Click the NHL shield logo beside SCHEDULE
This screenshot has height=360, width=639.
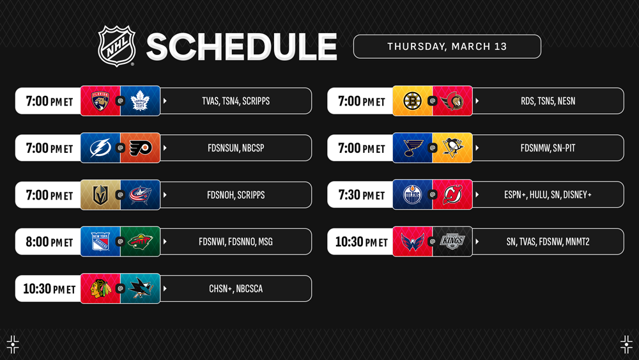[x=116, y=45]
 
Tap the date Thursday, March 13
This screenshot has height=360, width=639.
[x=447, y=47]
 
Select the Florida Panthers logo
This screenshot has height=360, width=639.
[x=100, y=101]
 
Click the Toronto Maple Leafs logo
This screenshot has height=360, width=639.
[x=140, y=101]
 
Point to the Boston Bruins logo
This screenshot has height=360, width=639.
[x=412, y=101]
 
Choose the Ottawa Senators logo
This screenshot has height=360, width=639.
[x=452, y=101]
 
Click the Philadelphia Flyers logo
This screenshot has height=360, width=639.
[x=140, y=148]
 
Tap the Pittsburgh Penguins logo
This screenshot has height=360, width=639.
[x=452, y=148]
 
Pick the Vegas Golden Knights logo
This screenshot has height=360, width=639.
[x=100, y=195]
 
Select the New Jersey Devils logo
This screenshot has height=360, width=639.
[x=452, y=194]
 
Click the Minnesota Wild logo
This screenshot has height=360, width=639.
[x=140, y=241]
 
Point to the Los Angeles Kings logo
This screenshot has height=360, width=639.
[x=452, y=241]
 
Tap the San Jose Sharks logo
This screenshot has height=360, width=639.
[x=140, y=288]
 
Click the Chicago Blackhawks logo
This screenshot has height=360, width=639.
[x=100, y=288]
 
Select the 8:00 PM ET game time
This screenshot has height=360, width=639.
[x=49, y=242]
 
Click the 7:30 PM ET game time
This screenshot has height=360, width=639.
[x=362, y=195]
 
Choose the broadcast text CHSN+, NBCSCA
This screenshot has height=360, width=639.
[x=236, y=288]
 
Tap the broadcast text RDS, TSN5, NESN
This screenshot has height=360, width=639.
[x=548, y=101]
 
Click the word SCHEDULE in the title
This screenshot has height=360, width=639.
[x=242, y=47]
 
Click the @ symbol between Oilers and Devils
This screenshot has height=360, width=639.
[x=433, y=194]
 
